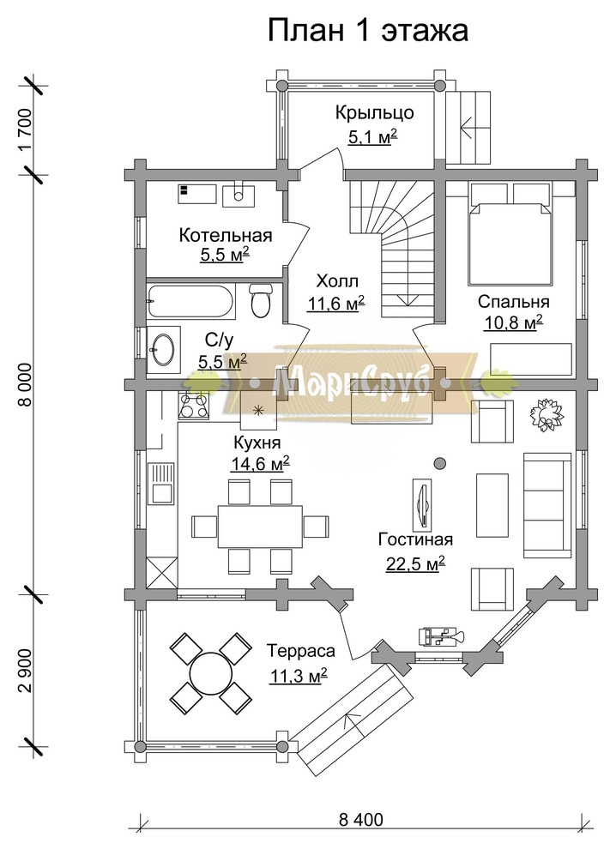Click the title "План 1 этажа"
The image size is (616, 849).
click(x=368, y=31)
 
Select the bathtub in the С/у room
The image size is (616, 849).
click(x=191, y=300)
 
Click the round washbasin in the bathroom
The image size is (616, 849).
click(x=162, y=349)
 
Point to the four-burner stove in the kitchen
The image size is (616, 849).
click(x=193, y=405)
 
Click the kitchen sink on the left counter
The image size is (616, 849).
click(x=161, y=484)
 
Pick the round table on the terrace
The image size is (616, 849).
click(x=210, y=673)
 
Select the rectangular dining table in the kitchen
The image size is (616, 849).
click(x=260, y=527)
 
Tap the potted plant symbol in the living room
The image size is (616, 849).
click(x=547, y=415)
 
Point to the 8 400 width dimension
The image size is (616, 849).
click(x=361, y=820)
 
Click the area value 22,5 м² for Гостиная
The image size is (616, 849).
click(x=415, y=563)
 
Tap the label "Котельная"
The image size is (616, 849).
click(x=226, y=236)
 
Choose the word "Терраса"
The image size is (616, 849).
click(x=300, y=650)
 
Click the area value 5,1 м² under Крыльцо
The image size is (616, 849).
click(x=372, y=136)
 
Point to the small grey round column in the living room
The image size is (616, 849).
click(x=440, y=463)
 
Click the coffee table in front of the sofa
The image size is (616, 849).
click(x=492, y=504)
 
